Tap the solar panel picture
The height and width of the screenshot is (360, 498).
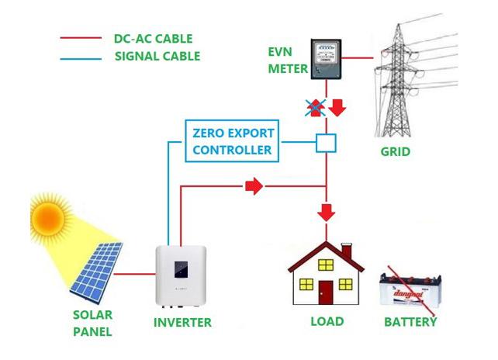click(x=96, y=272)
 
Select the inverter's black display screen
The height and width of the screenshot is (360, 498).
click(x=181, y=269)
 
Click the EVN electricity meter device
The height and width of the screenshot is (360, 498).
click(x=326, y=59)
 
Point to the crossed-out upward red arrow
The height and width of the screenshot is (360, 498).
click(x=316, y=107)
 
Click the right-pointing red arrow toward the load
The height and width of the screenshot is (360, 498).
click(x=254, y=186)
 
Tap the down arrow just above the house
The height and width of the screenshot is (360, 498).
click(x=326, y=213)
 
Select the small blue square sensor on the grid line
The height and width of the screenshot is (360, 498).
click(x=326, y=143)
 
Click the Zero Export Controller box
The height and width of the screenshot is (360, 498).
click(x=232, y=140)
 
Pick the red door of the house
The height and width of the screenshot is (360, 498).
click(x=326, y=292)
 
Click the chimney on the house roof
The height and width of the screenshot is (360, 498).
click(x=347, y=251)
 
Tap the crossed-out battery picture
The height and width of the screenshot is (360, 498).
click(x=410, y=291)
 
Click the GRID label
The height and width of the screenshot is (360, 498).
click(x=396, y=151)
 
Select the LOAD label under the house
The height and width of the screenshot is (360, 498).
click(x=327, y=321)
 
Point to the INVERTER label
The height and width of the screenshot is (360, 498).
click(x=182, y=323)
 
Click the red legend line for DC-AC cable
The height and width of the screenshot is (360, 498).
click(x=81, y=38)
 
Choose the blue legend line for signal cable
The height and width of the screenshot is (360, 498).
click(x=81, y=59)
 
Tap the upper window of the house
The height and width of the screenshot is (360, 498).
click(x=326, y=265)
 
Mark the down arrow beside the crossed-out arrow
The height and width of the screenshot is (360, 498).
click(x=337, y=107)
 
